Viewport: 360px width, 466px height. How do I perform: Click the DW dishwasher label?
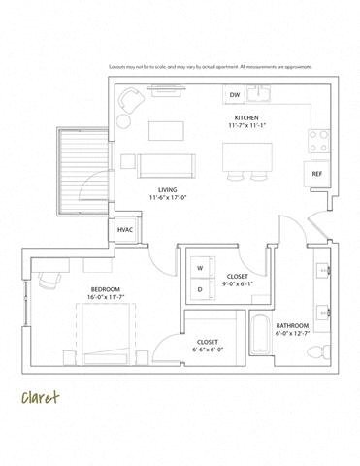pyautogui.click(x=235, y=95)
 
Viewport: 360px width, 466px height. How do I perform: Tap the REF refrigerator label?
pyautogui.click(x=316, y=173)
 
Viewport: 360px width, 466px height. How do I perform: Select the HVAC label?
pyautogui.click(x=124, y=230)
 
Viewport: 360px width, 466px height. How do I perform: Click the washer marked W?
pyautogui.click(x=200, y=267)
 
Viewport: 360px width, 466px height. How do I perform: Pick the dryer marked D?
pyautogui.click(x=200, y=288)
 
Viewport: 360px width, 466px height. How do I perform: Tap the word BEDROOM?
pyautogui.click(x=105, y=290)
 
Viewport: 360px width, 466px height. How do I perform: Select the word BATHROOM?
pyautogui.click(x=291, y=325)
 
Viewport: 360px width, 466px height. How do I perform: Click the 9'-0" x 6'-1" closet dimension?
pyautogui.click(x=237, y=284)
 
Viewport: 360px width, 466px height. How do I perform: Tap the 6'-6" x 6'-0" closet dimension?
pyautogui.click(x=206, y=350)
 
